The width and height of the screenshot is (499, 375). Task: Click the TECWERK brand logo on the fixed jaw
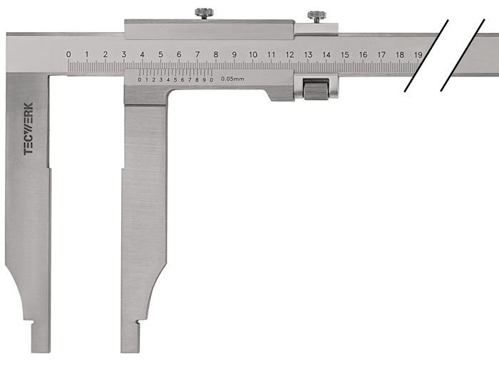pos(29,129)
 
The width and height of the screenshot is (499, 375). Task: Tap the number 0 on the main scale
pos(68,54)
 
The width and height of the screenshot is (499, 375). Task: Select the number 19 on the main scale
pos(418,54)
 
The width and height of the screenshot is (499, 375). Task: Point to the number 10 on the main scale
pos(253,54)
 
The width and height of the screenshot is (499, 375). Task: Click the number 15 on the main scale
pos(345,54)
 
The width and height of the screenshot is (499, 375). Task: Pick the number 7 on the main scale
pos(197,54)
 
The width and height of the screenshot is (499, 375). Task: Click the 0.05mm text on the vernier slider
pos(232,79)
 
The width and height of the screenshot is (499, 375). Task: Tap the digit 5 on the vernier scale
pos(175,80)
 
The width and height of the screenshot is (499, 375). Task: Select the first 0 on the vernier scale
pos(140,80)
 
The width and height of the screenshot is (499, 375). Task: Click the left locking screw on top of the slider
pos(204,14)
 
